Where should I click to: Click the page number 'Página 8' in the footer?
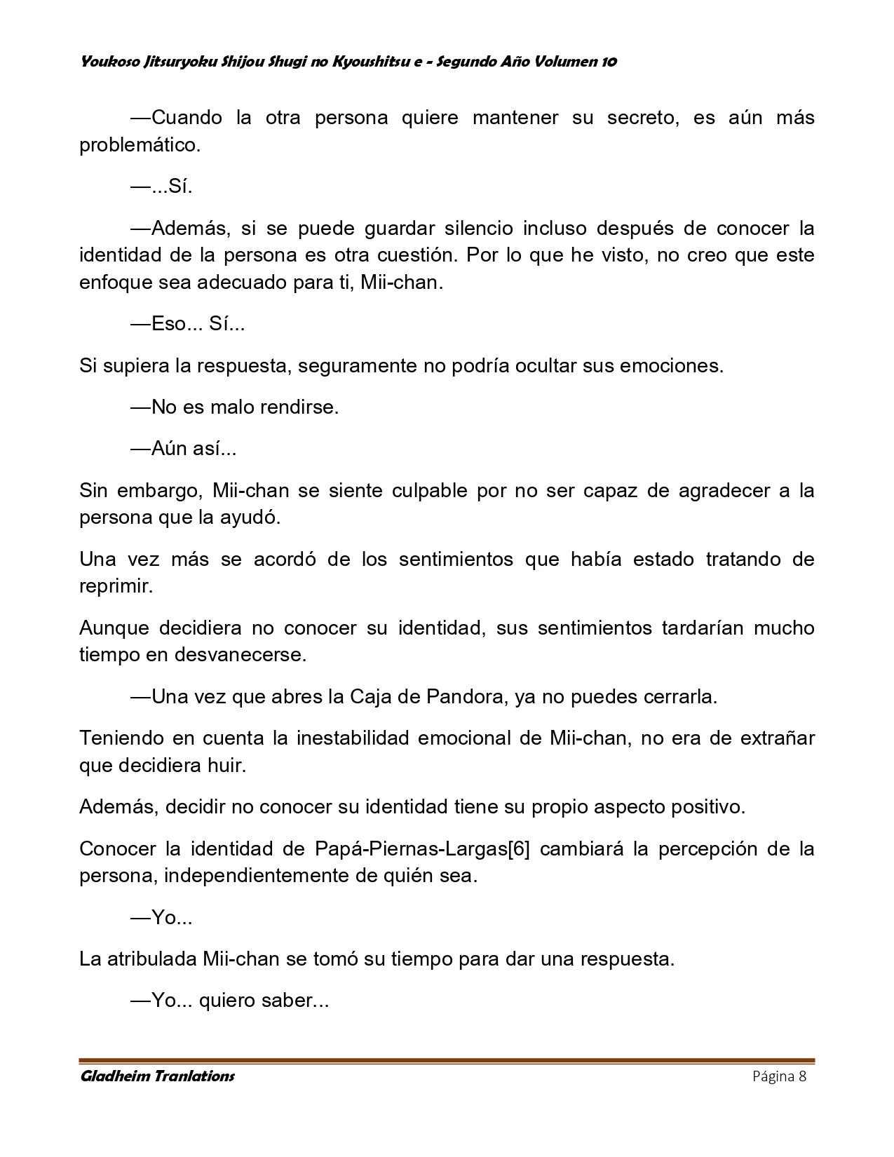point(779,1076)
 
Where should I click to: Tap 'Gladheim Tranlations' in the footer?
point(157,1076)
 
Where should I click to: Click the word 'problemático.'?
point(140,145)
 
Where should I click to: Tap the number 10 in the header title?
point(609,62)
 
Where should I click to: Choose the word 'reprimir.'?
point(116,586)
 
